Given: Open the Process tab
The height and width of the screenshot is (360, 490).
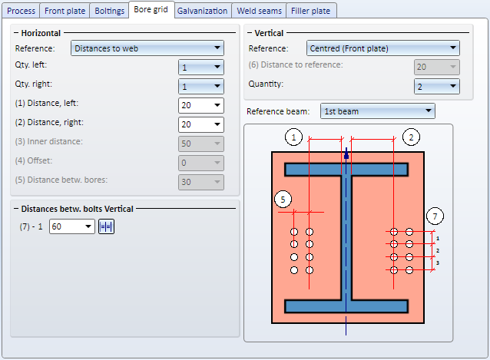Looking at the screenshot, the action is tap(21, 11).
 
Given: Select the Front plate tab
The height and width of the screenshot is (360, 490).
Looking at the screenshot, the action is tap(65, 11).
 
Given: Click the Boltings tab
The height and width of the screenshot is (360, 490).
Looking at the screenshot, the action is tap(109, 11).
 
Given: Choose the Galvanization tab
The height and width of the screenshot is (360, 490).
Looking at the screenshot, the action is tap(202, 11).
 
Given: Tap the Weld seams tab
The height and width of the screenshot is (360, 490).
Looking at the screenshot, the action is tap(259, 11).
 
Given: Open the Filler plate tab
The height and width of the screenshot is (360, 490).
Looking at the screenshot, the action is tap(310, 11).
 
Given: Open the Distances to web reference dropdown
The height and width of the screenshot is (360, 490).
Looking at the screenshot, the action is tap(147, 48).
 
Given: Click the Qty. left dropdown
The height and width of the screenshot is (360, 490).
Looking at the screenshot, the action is tap(201, 68).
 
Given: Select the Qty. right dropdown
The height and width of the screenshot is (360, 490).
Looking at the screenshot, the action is tap(201, 87).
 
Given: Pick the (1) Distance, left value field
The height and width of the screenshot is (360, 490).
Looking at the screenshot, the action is tap(201, 105).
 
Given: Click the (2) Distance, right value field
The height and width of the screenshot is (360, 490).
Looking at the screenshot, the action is tap(201, 124).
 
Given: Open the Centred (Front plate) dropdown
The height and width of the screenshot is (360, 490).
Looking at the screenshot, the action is tap(382, 48).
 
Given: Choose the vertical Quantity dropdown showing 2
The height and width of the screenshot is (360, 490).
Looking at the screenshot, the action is tap(437, 87).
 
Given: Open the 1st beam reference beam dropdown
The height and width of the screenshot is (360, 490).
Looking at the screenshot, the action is tap(378, 111).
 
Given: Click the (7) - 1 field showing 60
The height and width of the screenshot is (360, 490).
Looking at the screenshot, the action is tap(72, 226).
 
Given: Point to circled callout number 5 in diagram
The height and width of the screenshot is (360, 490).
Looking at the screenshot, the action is tap(283, 200).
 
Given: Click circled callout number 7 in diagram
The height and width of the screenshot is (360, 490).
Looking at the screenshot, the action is tap(435, 216).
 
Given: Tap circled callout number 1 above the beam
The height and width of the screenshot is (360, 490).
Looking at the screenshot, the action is tap(293, 137).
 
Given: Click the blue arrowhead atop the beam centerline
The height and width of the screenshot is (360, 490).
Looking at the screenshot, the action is tap(346, 153).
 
